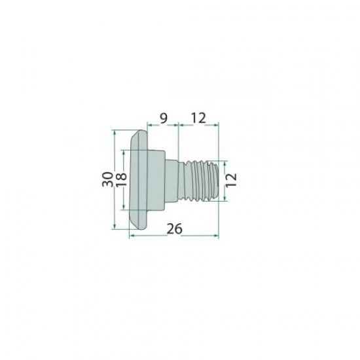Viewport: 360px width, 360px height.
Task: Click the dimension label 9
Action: (163, 118)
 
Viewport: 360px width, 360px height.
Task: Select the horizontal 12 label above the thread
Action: (198, 118)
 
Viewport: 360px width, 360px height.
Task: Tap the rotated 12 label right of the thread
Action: (231, 180)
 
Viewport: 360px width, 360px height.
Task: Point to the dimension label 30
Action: (107, 179)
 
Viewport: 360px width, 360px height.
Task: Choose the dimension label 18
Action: (121, 179)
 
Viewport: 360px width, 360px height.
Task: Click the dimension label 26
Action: (175, 228)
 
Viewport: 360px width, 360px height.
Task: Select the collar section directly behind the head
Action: (156, 180)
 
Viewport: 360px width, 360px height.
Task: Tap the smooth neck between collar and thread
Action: (171, 181)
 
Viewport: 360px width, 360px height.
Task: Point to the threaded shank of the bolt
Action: (198, 181)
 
